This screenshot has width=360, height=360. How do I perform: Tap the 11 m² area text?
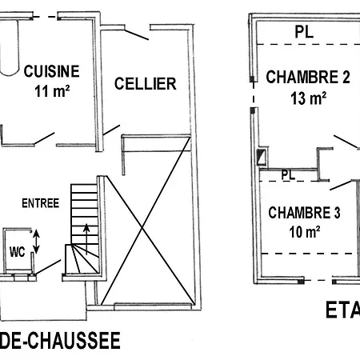click(52, 90)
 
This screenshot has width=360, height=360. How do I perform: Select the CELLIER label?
click(145, 84)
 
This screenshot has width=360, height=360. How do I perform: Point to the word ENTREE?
click(41, 203)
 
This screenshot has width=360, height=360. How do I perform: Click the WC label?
click(18, 251)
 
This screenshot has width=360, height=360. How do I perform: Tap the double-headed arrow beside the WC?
click(36, 239)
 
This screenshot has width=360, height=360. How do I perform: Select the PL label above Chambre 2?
click(303, 33)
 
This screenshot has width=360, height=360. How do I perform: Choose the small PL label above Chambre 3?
click(289, 174)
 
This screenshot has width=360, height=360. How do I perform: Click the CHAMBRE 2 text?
click(308, 78)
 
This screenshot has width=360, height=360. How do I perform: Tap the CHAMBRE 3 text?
click(305, 213)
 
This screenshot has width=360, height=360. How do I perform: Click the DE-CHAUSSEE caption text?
click(61, 342)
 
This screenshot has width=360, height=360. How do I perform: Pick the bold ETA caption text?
click(342, 310)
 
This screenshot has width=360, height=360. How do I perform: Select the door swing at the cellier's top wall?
click(137, 33)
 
